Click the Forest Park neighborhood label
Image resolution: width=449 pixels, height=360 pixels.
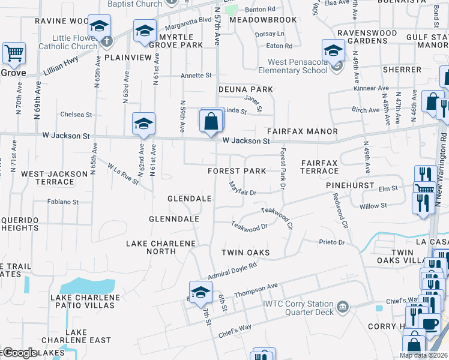coord(237,171)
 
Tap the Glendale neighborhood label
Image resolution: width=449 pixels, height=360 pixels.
coord(189,199)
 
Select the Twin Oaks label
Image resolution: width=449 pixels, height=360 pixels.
coord(246,253)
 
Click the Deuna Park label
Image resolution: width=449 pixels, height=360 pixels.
coord(246,89)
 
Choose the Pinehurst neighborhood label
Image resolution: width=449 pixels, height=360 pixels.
coord(351,187)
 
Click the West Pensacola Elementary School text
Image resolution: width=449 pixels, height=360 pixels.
coord(298,66)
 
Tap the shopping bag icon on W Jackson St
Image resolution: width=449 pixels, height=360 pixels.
coord(212,121)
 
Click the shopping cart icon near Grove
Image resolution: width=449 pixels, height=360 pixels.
coord(14,53)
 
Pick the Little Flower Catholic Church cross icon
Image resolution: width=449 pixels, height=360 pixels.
coord(107,41)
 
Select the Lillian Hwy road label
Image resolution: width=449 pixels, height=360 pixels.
coord(60,66)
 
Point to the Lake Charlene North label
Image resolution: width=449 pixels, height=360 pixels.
coord(160,247)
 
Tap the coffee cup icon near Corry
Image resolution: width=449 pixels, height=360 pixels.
coord(430,325)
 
